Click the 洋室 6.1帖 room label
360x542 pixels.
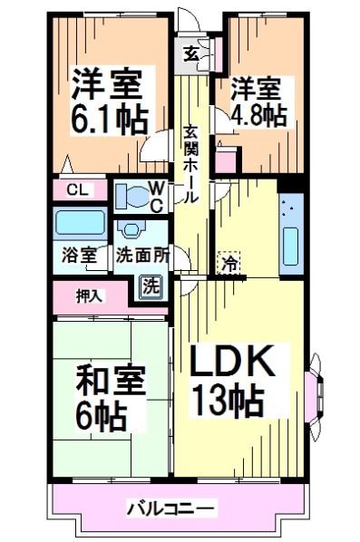point(107,102)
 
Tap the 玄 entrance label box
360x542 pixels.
point(192,52)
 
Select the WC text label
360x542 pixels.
point(155,196)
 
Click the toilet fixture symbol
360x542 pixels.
point(131,194)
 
